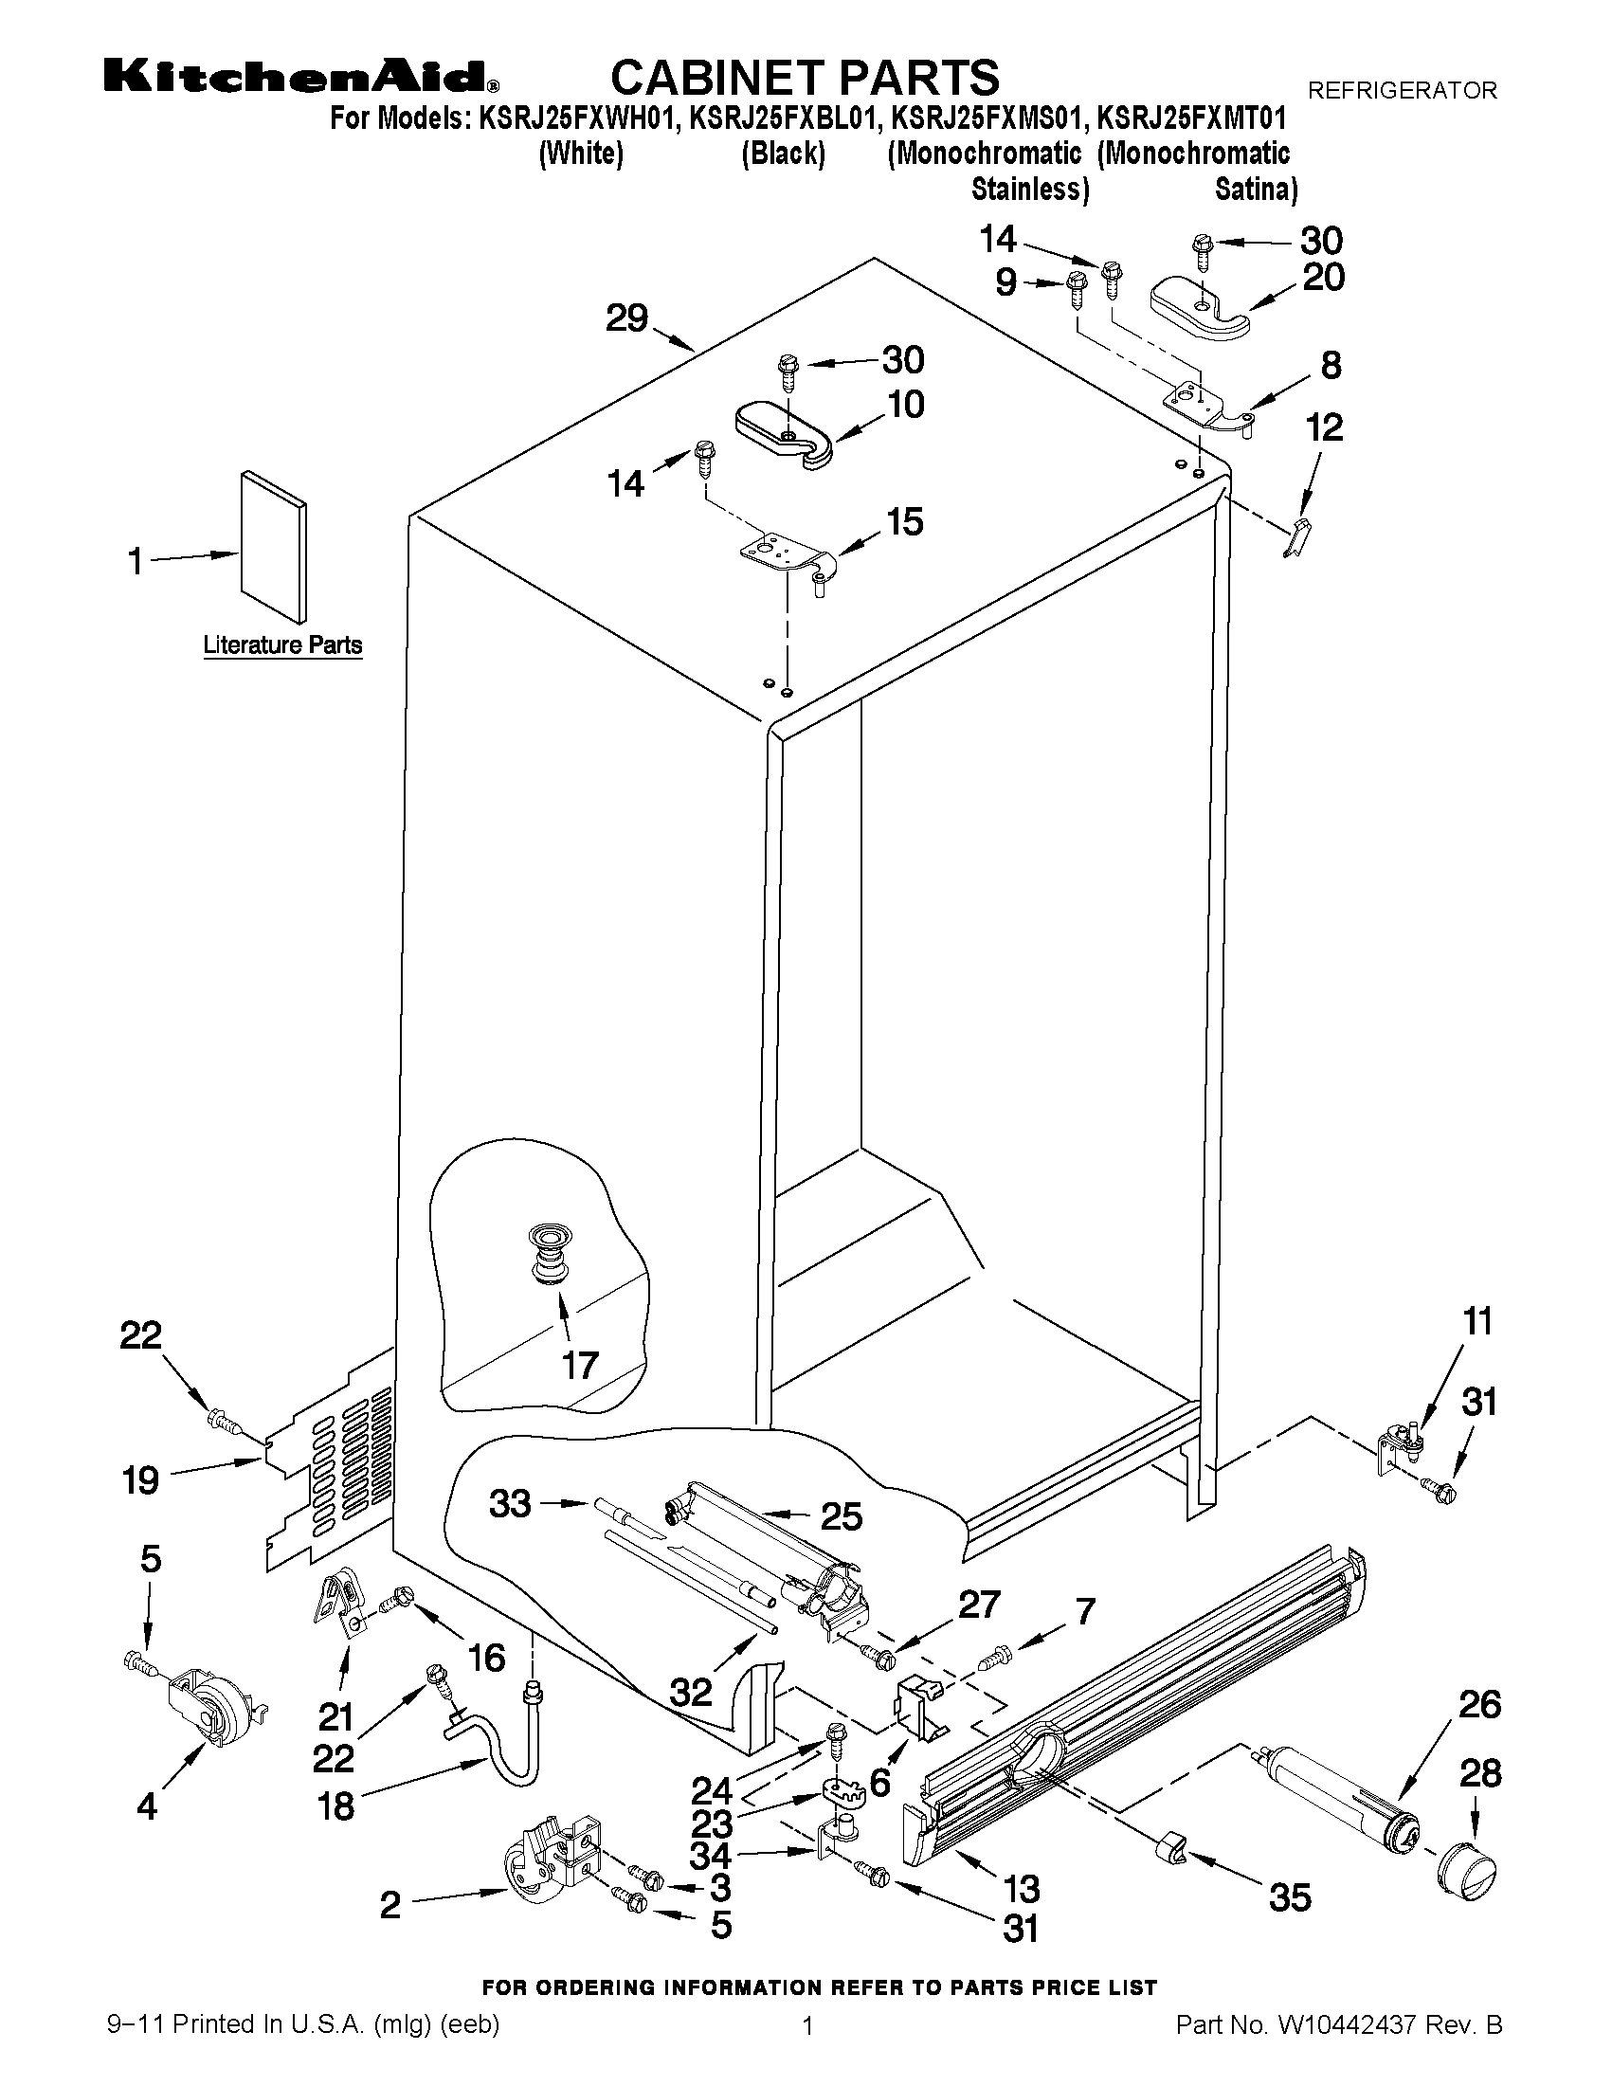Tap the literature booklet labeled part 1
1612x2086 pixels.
(274, 544)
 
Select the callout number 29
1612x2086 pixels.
(627, 318)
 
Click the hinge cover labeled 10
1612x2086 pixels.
(783, 434)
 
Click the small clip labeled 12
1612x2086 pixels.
(1295, 539)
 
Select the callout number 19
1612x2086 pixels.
(141, 1479)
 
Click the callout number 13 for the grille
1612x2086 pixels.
(1022, 1888)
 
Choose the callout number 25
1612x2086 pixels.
(842, 1516)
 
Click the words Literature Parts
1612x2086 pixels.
(282, 644)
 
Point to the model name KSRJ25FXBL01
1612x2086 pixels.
(783, 118)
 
